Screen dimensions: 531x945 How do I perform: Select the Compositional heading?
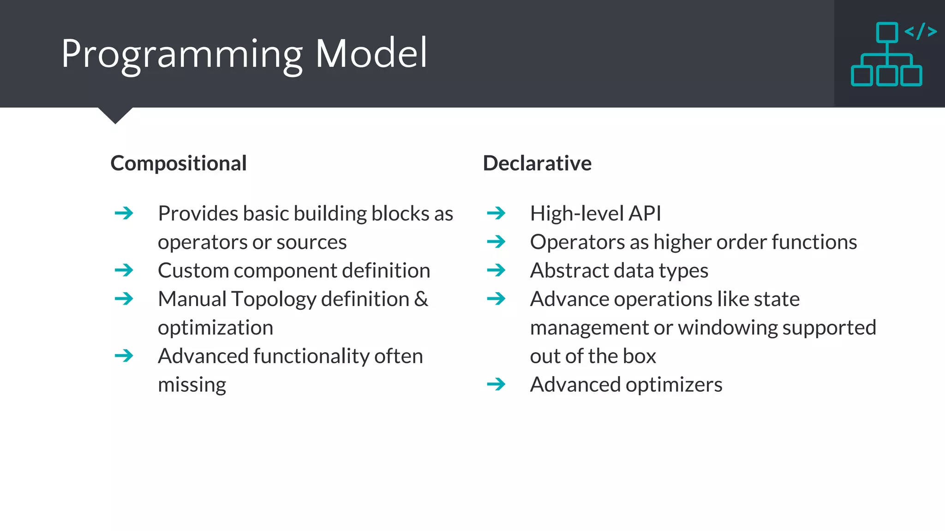[x=179, y=163]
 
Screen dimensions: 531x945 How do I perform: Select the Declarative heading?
[x=537, y=163]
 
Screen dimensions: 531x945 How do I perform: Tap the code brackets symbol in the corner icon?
[x=921, y=31]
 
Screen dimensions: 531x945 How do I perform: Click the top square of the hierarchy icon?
[x=887, y=32]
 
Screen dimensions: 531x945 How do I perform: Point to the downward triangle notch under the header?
[x=115, y=115]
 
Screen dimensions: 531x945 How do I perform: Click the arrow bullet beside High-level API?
[x=496, y=213]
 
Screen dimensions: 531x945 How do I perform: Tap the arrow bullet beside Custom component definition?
[x=124, y=270]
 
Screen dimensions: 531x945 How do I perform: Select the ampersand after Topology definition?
[x=421, y=299]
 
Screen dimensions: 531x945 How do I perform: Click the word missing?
[x=192, y=385]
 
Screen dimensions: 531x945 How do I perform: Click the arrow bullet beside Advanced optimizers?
[x=496, y=384]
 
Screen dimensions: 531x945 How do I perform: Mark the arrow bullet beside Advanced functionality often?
[x=124, y=355]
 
